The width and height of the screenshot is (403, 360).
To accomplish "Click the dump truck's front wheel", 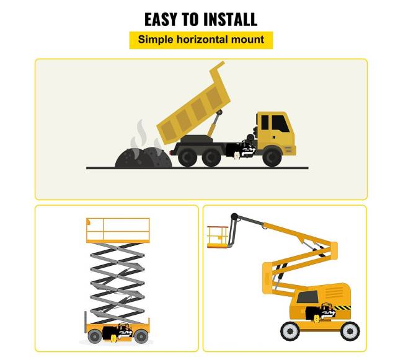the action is pos(272,156).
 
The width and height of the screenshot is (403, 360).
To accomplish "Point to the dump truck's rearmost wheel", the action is pos(188,156).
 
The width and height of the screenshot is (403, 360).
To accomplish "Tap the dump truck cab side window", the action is pos(280,123).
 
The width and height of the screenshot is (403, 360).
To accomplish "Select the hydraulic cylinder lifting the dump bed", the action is pos(215,123).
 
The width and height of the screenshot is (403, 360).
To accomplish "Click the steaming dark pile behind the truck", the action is pos(143,158).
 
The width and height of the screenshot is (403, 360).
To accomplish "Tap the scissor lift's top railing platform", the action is pos(118,230).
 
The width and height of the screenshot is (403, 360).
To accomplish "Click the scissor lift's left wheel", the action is pos(95,336).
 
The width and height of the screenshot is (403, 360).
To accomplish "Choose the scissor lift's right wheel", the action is pos(141,336).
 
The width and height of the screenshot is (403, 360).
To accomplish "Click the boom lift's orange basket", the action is pos(218,237).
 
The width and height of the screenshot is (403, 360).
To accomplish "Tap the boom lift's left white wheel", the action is pos(290,331).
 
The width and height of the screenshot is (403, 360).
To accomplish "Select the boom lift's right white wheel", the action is pos(350,331).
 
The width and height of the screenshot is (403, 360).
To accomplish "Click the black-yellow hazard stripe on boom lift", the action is pos(342,307).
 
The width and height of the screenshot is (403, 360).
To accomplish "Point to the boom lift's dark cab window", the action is pos(308,297).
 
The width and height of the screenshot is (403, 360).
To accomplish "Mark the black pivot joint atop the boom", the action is pos(234,216).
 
